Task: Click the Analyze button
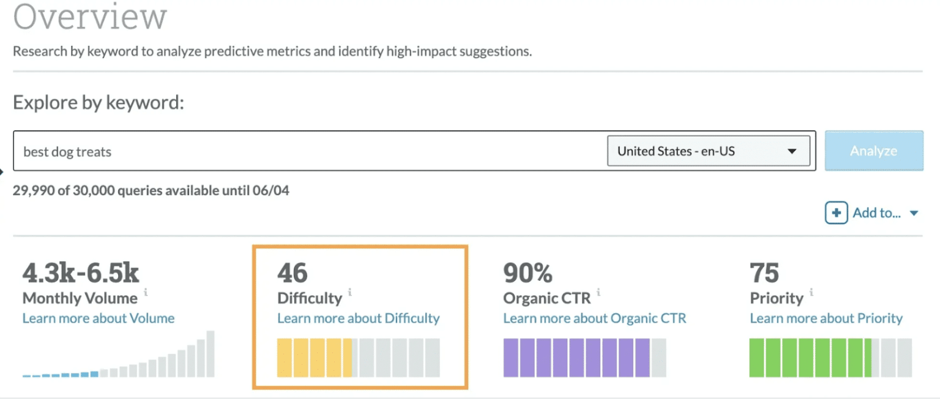[x=873, y=151]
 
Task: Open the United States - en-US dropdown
[x=708, y=151]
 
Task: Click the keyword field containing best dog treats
[x=306, y=151]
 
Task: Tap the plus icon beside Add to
[x=836, y=213]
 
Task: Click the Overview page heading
[x=90, y=17]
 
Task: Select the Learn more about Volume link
[x=99, y=318]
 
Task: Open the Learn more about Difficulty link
[x=358, y=318]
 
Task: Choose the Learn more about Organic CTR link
[x=594, y=318]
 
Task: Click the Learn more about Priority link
[x=826, y=318]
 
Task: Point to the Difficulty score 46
[x=292, y=274]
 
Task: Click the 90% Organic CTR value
[x=528, y=274]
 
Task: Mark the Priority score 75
[x=764, y=274]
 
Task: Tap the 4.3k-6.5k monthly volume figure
[x=81, y=274]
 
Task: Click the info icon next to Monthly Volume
[x=146, y=292]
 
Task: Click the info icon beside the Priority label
[x=812, y=292]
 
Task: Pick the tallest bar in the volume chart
[x=211, y=354]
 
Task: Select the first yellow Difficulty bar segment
[x=285, y=357]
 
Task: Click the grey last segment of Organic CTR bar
[x=658, y=357]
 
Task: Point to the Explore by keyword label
[x=99, y=102]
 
